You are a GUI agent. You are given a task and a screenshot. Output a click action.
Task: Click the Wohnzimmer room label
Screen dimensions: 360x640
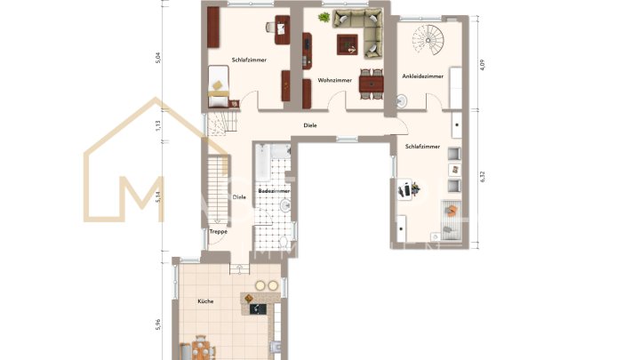[335, 81]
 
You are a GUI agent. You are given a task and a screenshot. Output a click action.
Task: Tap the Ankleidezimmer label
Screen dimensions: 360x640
[422, 76]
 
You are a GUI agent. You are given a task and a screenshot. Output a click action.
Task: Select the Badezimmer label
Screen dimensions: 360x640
[271, 191]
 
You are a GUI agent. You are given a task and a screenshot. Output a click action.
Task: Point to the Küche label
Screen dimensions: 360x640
[205, 302]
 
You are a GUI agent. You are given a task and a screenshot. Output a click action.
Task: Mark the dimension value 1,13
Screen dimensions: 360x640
[158, 125]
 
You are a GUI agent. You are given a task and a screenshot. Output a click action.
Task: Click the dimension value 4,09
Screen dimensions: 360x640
[481, 65]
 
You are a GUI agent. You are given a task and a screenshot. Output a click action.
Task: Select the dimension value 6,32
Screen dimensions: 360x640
[481, 177]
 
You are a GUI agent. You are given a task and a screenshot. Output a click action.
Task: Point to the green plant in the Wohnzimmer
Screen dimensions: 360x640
[324, 17]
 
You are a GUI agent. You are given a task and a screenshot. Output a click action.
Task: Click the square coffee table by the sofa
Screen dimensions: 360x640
[344, 42]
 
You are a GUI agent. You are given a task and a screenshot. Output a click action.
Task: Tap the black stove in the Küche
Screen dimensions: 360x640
[258, 309]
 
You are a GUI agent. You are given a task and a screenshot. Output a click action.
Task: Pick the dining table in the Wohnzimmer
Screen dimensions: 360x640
[372, 82]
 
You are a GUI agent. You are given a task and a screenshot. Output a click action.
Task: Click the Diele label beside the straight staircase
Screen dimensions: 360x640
[238, 197]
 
